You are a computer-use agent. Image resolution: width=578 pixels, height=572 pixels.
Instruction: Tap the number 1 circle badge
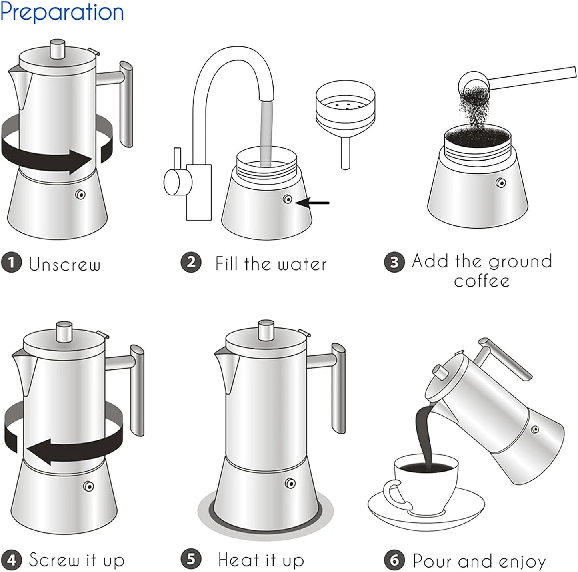coord(11,263)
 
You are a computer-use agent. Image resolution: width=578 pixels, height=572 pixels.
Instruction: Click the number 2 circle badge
coord(191,263)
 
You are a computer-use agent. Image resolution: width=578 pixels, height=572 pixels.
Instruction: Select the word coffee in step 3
coord(482,281)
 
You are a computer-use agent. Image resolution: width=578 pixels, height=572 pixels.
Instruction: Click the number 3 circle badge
coord(394,262)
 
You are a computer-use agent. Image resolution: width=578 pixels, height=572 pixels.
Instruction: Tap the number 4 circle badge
coord(11,559)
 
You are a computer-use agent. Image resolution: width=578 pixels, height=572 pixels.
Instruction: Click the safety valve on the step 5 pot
coord(290,483)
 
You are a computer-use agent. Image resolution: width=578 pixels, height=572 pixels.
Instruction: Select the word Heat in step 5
coord(238,559)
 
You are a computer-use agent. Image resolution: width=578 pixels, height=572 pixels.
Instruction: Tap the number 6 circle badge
coord(394,560)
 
